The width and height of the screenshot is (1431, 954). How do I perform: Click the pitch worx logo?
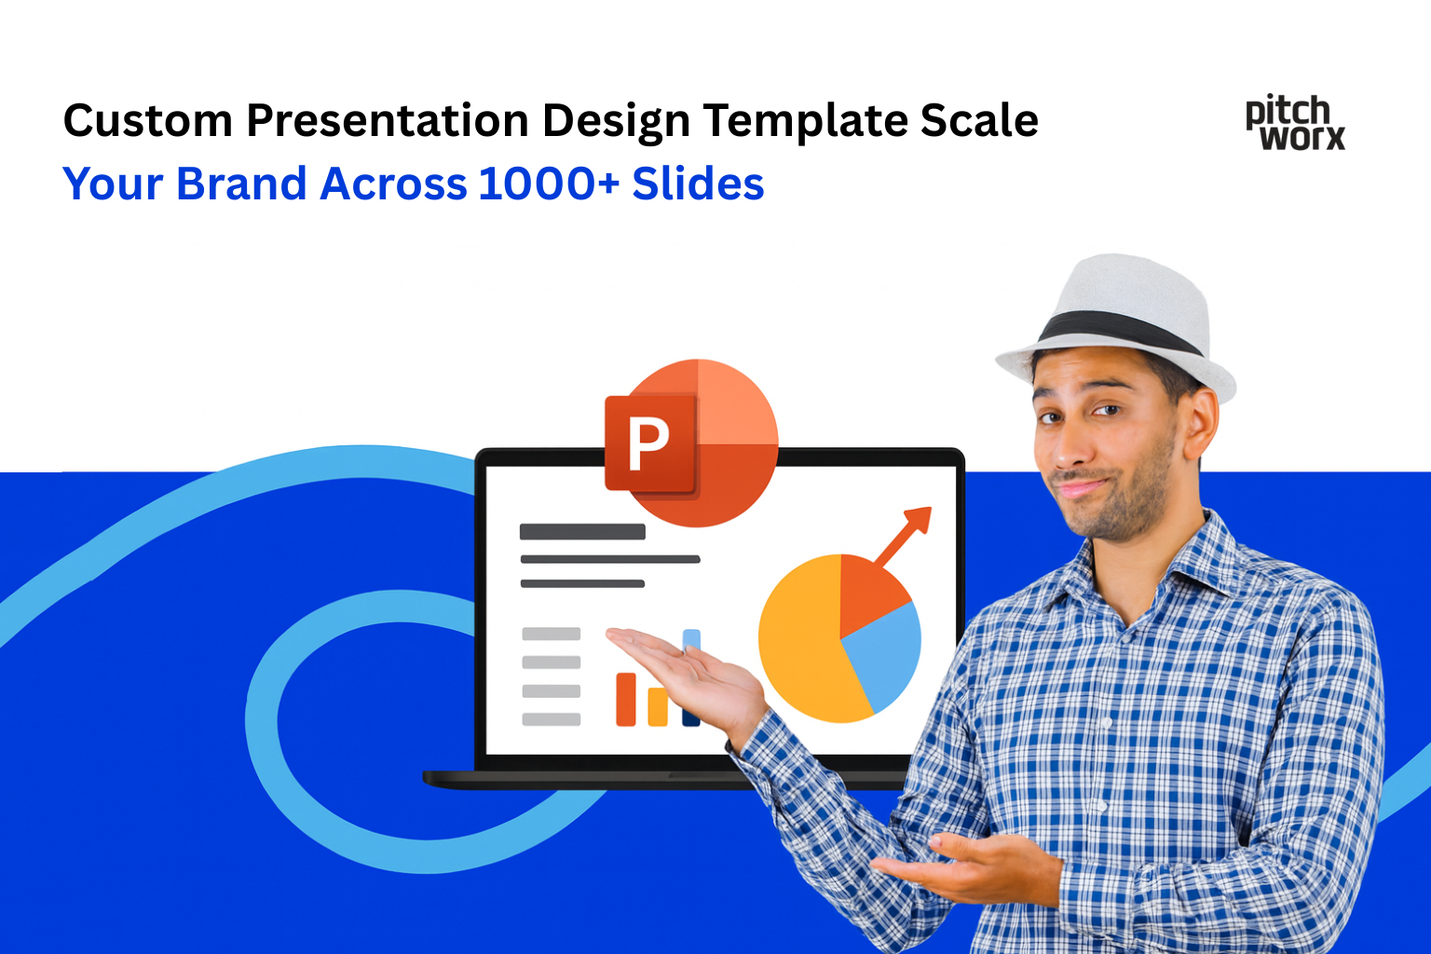click(1295, 123)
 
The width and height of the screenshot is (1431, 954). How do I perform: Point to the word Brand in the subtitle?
click(241, 184)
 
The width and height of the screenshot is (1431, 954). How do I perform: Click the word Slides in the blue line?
click(698, 184)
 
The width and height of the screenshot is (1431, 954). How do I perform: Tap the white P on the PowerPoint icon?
click(648, 443)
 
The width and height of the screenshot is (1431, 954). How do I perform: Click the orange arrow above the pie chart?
click(904, 536)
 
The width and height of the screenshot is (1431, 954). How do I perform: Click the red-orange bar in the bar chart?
click(626, 699)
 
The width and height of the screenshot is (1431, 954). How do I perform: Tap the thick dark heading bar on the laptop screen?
click(582, 532)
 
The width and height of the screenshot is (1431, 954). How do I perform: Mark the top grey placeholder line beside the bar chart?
click(552, 634)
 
